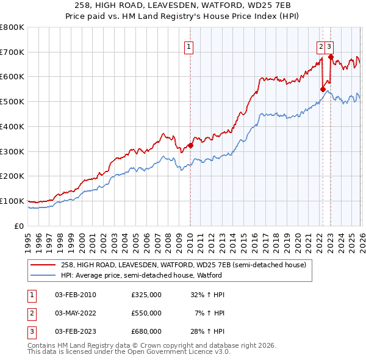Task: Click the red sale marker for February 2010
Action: [190, 145]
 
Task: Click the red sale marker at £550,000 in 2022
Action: [323, 89]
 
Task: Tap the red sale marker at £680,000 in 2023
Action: [331, 57]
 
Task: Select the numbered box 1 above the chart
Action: [189, 46]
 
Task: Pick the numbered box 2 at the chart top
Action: [321, 46]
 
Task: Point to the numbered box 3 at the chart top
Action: [329, 46]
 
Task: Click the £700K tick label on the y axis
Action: [12, 52]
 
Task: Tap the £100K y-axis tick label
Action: [12, 201]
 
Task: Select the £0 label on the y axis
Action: [18, 226]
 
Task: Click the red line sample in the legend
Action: [43, 265]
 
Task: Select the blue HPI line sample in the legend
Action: [43, 275]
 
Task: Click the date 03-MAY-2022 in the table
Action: [75, 313]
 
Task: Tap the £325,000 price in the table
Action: [146, 295]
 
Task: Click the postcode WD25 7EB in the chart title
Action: [274, 6]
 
